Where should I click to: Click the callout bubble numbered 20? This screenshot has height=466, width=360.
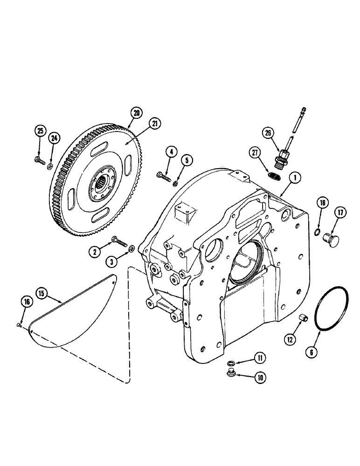click(136, 112)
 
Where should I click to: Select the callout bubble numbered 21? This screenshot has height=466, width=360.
click(155, 123)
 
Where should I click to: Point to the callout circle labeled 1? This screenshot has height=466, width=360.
click(294, 177)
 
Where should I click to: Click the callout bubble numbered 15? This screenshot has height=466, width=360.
click(41, 293)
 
